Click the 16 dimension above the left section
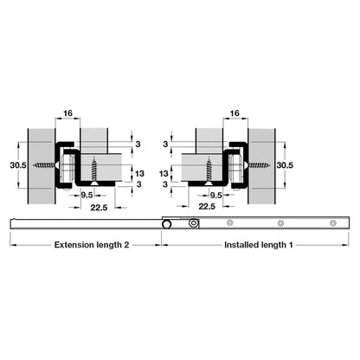point(67,113)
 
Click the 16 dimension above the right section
point(235,113)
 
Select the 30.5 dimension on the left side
point(18,165)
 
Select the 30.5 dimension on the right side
point(285,165)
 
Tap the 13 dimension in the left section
point(139,174)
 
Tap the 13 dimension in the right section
point(164,174)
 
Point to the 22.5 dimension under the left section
point(99,208)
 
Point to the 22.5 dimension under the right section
point(207,207)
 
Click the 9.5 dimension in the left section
point(87,196)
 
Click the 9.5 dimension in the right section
point(216,196)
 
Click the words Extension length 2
point(92,245)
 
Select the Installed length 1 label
point(259,245)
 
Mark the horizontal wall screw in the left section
point(46,165)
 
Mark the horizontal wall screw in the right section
point(257,165)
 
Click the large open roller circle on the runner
point(166,224)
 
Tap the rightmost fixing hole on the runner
point(333,223)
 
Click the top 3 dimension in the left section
point(138,144)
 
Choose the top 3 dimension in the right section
point(165,144)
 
